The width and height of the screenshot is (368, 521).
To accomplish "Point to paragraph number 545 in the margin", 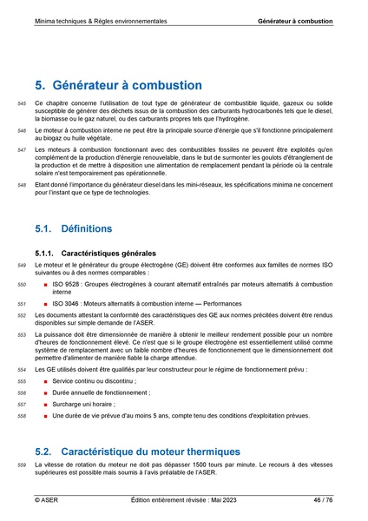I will click(x=22, y=103).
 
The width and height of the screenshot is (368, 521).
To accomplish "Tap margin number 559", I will click(x=22, y=467).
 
